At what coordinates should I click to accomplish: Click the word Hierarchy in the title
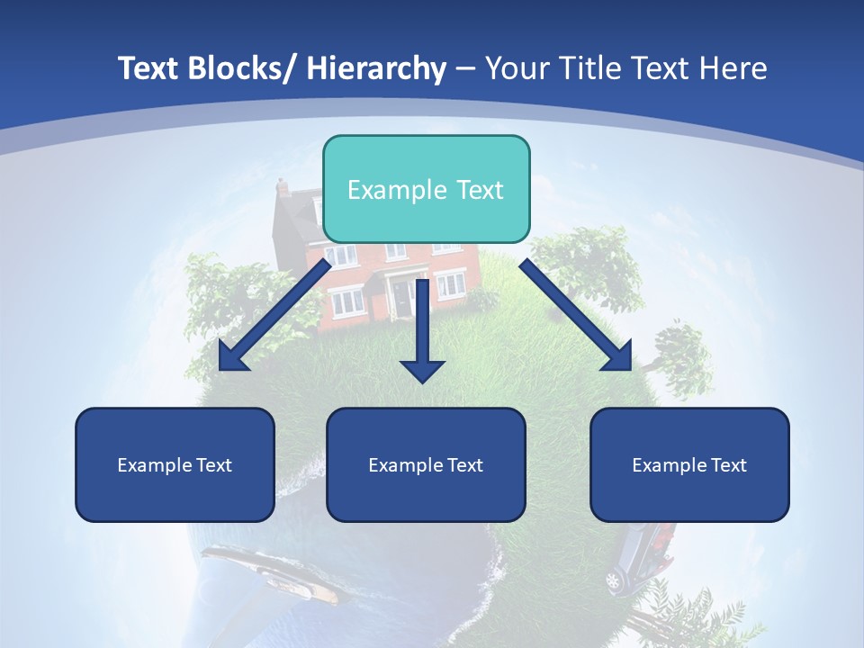pos(376,68)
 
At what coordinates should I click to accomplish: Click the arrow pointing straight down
pos(422,333)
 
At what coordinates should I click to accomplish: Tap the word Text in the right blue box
pos(728,465)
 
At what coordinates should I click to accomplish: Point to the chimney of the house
pos(283,187)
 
